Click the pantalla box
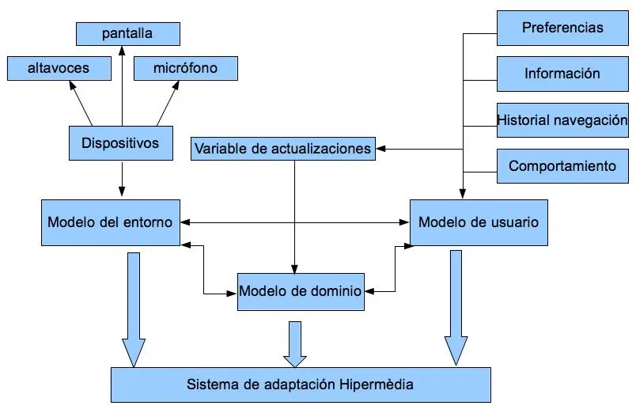pyautogui.click(x=127, y=34)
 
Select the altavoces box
pyautogui.click(x=59, y=68)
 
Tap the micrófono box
pyautogui.click(x=186, y=68)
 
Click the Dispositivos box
pyautogui.click(x=120, y=143)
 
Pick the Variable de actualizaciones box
pyautogui.click(x=282, y=148)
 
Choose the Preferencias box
pyautogui.click(x=562, y=28)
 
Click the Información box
pyautogui.click(x=562, y=74)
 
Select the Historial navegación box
pyautogui.click(x=562, y=120)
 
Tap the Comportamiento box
pyautogui.click(x=562, y=166)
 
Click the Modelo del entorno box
pyautogui.click(x=110, y=222)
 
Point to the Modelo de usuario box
pyautogui.click(x=479, y=222)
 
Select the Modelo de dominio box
pyautogui.click(x=301, y=291)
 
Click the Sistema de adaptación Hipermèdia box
pyautogui.click(x=300, y=385)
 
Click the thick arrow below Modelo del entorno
pyautogui.click(x=134, y=309)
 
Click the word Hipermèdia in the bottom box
pyautogui.click(x=377, y=385)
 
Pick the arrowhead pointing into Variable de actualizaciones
pyautogui.click(x=380, y=148)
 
